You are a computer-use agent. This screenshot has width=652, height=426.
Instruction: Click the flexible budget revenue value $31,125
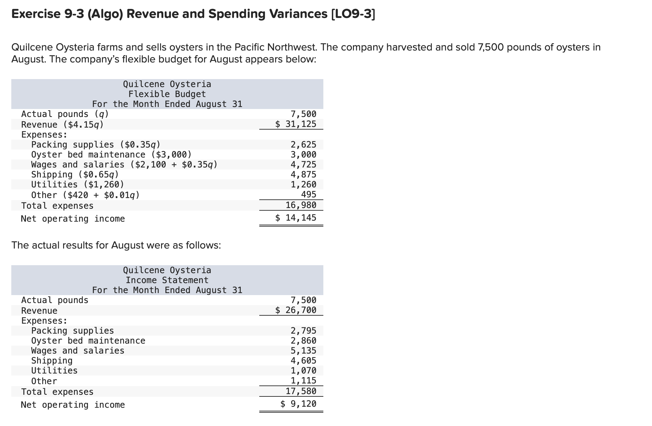click(x=296, y=124)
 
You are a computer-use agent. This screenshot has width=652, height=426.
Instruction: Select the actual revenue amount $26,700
click(x=296, y=310)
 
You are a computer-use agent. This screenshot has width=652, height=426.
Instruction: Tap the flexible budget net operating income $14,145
click(x=296, y=218)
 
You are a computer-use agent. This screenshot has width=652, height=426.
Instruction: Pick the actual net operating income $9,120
click(x=298, y=404)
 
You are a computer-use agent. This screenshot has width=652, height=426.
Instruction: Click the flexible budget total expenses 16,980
click(x=301, y=205)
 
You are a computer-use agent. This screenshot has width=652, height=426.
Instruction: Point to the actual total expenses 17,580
click(x=301, y=391)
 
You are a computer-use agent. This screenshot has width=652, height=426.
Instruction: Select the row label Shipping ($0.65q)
click(x=75, y=175)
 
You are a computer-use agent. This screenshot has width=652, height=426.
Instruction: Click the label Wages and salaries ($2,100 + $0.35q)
click(x=124, y=165)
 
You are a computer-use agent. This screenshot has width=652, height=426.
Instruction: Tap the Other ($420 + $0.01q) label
click(x=85, y=195)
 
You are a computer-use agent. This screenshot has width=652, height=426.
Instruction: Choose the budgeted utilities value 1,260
click(x=303, y=185)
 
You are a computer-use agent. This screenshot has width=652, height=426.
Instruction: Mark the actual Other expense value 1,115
click(x=303, y=381)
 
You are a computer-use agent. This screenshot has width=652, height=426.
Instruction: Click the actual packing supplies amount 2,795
click(x=303, y=331)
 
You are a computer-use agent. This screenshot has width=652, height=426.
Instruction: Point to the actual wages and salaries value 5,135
click(x=303, y=351)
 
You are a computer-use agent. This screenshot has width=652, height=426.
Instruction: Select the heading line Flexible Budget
click(x=167, y=94)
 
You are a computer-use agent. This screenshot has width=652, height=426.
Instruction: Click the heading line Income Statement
click(x=167, y=280)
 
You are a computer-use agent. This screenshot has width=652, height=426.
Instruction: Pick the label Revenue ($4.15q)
click(x=62, y=125)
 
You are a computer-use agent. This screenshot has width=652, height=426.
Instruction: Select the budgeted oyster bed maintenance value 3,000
click(x=303, y=155)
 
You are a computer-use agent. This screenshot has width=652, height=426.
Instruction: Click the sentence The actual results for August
click(x=116, y=246)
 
